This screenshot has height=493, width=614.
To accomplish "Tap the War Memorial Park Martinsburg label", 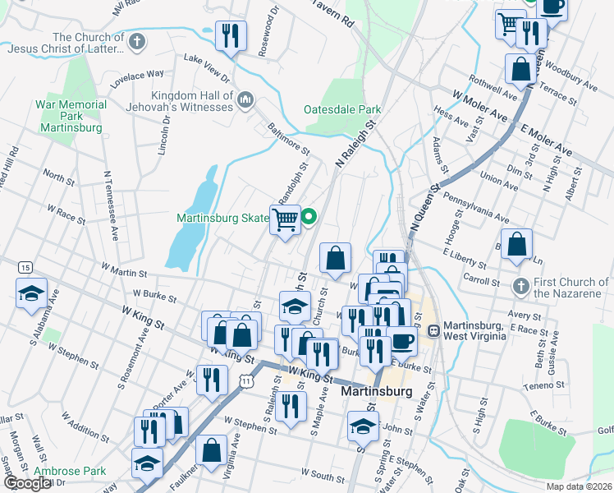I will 71,116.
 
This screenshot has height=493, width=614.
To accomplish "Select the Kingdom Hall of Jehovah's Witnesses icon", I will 245,100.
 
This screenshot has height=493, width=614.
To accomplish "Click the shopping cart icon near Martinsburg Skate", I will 285,219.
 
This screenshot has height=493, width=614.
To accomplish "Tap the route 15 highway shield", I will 25,268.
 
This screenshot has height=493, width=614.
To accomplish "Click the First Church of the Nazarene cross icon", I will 520,287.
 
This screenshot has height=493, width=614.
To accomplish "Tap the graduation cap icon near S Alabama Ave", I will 30,293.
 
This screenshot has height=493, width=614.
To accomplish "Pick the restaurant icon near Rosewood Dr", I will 230,35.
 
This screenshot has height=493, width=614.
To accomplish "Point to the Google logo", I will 27,483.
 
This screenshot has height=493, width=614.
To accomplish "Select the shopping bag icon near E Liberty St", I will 516,244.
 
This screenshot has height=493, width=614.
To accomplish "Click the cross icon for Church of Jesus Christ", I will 137,40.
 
